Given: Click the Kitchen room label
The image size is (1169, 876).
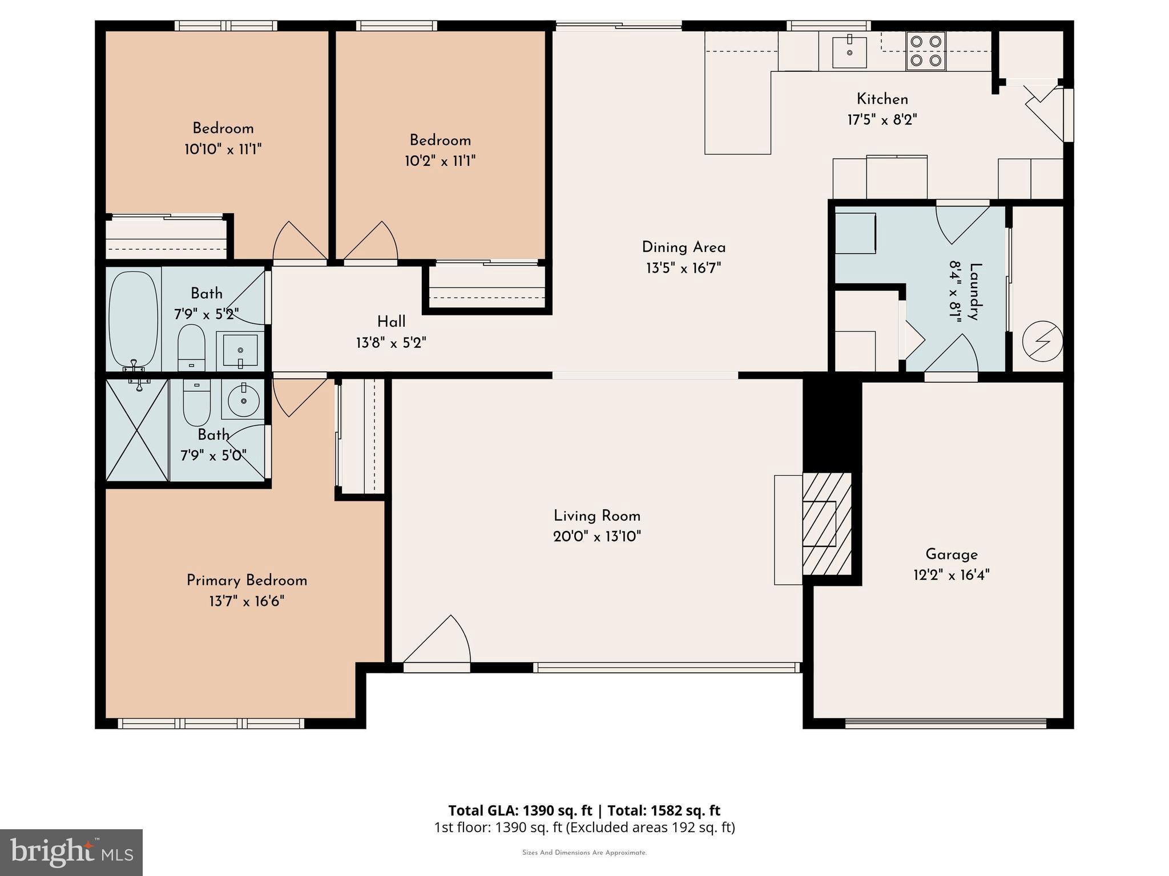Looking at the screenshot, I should [882, 99].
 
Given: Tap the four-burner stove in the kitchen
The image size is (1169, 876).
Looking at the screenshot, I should [925, 51].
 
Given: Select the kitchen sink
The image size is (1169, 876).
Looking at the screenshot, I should [849, 52].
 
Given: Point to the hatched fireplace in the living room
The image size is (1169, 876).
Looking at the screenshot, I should [827, 524].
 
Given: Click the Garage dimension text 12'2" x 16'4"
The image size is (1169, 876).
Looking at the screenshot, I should [951, 575].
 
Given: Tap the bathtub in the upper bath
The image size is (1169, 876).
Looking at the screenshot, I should [133, 319].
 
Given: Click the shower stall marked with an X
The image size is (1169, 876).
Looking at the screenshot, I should [137, 431].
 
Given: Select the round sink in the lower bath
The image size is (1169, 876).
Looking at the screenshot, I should [244, 399].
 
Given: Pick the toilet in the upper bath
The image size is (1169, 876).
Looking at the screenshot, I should [191, 347].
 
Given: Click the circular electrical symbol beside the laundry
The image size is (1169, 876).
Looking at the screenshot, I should [1042, 342].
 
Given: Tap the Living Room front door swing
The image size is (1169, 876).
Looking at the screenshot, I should [438, 642].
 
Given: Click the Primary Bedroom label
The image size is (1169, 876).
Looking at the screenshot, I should [247, 581].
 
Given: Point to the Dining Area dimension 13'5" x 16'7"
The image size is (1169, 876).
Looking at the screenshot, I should [683, 268].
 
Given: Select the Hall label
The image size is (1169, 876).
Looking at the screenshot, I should [391, 322].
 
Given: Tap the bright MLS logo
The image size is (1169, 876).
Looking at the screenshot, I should [71, 852].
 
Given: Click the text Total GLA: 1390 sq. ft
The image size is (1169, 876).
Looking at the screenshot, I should [519, 810].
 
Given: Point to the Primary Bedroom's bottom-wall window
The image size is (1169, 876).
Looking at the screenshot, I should [211, 723].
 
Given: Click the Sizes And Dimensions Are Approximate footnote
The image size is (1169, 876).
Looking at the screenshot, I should [584, 853].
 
